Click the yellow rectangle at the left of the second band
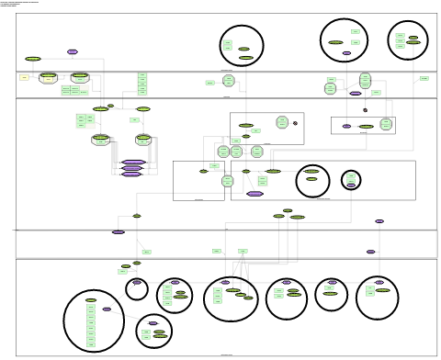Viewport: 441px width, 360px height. pyautogui.click(x=25, y=77)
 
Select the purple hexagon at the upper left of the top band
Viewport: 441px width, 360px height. pyautogui.click(x=73, y=51)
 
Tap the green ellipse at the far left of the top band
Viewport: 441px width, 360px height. pyautogui.click(x=33, y=59)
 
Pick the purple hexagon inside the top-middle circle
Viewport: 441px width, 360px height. pyautogui.click(x=346, y=53)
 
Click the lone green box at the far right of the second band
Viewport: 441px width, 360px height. pyautogui.click(x=424, y=78)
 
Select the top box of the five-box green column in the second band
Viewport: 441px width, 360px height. pyautogui.click(x=142, y=74)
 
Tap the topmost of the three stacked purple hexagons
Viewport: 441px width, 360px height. pyautogui.click(x=133, y=162)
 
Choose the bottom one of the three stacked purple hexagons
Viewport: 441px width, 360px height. pyautogui.click(x=131, y=174)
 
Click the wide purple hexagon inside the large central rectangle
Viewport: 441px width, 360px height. pyautogui.click(x=254, y=194)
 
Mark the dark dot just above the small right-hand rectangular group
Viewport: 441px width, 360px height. pyautogui.click(x=365, y=110)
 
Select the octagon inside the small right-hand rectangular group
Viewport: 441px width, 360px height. pyautogui.click(x=386, y=123)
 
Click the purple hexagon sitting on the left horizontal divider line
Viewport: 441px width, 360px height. pyautogui.click(x=119, y=231)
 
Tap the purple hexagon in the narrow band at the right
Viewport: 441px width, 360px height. pyautogui.click(x=371, y=252)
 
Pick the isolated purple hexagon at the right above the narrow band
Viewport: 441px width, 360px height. pyautogui.click(x=379, y=221)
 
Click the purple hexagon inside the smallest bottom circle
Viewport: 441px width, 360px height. pyautogui.click(x=137, y=283)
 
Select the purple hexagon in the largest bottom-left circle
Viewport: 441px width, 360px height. pyautogui.click(x=107, y=309)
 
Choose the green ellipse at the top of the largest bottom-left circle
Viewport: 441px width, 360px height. pyautogui.click(x=91, y=299)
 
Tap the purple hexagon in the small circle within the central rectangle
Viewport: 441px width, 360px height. pyautogui.click(x=351, y=185)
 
